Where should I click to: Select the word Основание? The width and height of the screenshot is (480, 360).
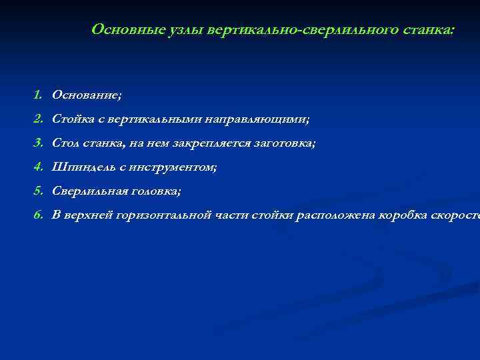pyautogui.click(x=87, y=95)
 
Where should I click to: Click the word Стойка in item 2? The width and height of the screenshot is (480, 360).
pyautogui.click(x=72, y=119)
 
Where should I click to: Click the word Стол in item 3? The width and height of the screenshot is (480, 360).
pyautogui.click(x=66, y=143)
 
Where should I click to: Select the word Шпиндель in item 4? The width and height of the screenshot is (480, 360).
pyautogui.click(x=81, y=167)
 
